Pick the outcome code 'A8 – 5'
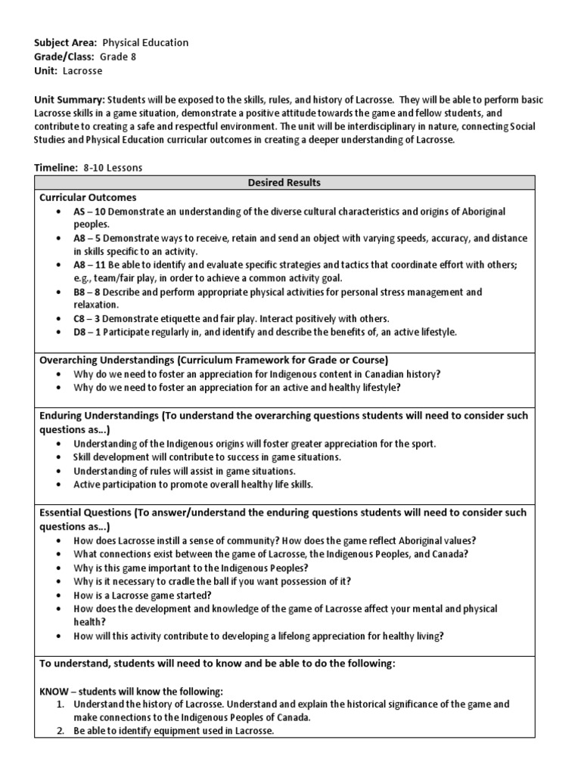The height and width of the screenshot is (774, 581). pyautogui.click(x=89, y=238)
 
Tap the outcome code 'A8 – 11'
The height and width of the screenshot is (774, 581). pyautogui.click(x=91, y=265)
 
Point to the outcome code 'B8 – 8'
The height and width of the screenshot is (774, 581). pyautogui.click(x=89, y=292)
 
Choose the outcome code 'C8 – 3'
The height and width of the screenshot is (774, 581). pyautogui.click(x=89, y=318)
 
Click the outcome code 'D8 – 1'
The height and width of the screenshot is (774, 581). pyautogui.click(x=89, y=332)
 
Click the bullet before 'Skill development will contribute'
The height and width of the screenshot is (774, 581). pyautogui.click(x=59, y=457)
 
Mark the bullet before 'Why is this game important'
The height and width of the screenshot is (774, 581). pyautogui.click(x=59, y=568)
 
